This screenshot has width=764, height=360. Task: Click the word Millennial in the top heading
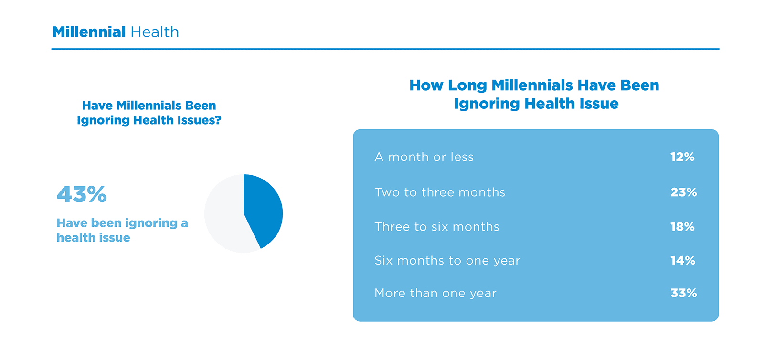(x=89, y=32)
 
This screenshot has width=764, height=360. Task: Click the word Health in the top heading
(x=155, y=32)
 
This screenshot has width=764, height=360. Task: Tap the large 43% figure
(x=82, y=194)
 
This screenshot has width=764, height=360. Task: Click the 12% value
(x=682, y=157)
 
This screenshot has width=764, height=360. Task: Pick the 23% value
(x=683, y=192)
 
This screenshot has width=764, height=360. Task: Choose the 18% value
(x=682, y=227)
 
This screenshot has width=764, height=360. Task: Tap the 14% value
(x=682, y=261)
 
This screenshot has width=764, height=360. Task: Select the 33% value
(x=683, y=293)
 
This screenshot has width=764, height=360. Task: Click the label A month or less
(x=424, y=157)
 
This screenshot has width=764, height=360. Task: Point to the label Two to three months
(x=440, y=192)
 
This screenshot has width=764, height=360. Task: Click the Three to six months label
(x=437, y=227)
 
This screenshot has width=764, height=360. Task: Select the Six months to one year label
(x=447, y=261)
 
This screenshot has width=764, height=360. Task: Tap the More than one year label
(x=435, y=293)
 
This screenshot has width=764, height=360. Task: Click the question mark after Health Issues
(x=218, y=120)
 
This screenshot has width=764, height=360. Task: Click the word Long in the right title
(x=467, y=85)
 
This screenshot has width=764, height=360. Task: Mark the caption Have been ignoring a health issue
(x=122, y=230)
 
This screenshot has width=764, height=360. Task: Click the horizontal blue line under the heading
(x=385, y=49)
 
